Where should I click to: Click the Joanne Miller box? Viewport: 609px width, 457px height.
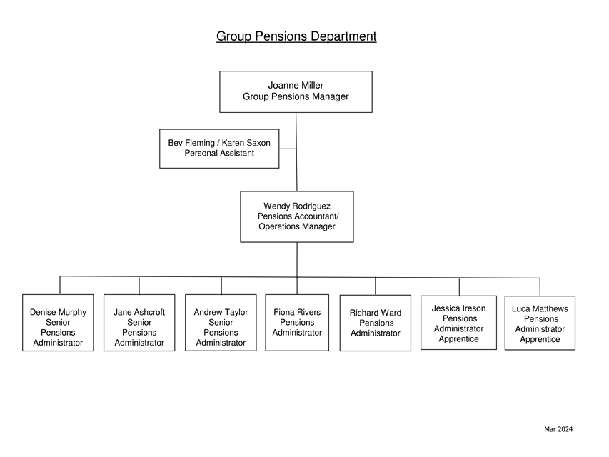[x=296, y=91]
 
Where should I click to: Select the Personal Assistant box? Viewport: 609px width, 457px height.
[x=219, y=149]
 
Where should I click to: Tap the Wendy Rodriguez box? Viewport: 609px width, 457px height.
[x=297, y=216]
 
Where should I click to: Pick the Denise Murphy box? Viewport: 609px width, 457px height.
[x=58, y=323]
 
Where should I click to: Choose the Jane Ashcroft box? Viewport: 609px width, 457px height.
[x=139, y=323]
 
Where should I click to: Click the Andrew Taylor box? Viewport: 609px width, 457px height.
[x=221, y=323]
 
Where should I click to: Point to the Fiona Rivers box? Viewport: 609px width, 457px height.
[x=297, y=323]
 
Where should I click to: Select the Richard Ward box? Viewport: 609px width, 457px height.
[x=376, y=323]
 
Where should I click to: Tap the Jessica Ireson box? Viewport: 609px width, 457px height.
[x=458, y=323]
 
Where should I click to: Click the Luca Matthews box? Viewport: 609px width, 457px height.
[x=540, y=323]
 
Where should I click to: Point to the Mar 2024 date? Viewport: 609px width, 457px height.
[x=558, y=429]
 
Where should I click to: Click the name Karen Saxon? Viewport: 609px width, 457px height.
[x=246, y=143]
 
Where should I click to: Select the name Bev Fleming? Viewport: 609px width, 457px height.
[x=191, y=143]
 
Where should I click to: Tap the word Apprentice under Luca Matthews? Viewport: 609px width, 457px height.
[x=540, y=339]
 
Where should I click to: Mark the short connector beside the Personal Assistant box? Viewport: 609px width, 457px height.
[x=288, y=149]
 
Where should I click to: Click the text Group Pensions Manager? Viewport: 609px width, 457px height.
[x=296, y=96]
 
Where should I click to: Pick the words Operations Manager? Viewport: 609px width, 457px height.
[x=297, y=226]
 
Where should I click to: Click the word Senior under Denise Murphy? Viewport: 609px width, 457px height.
[x=58, y=322]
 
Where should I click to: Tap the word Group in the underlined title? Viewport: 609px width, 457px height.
[x=232, y=36]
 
